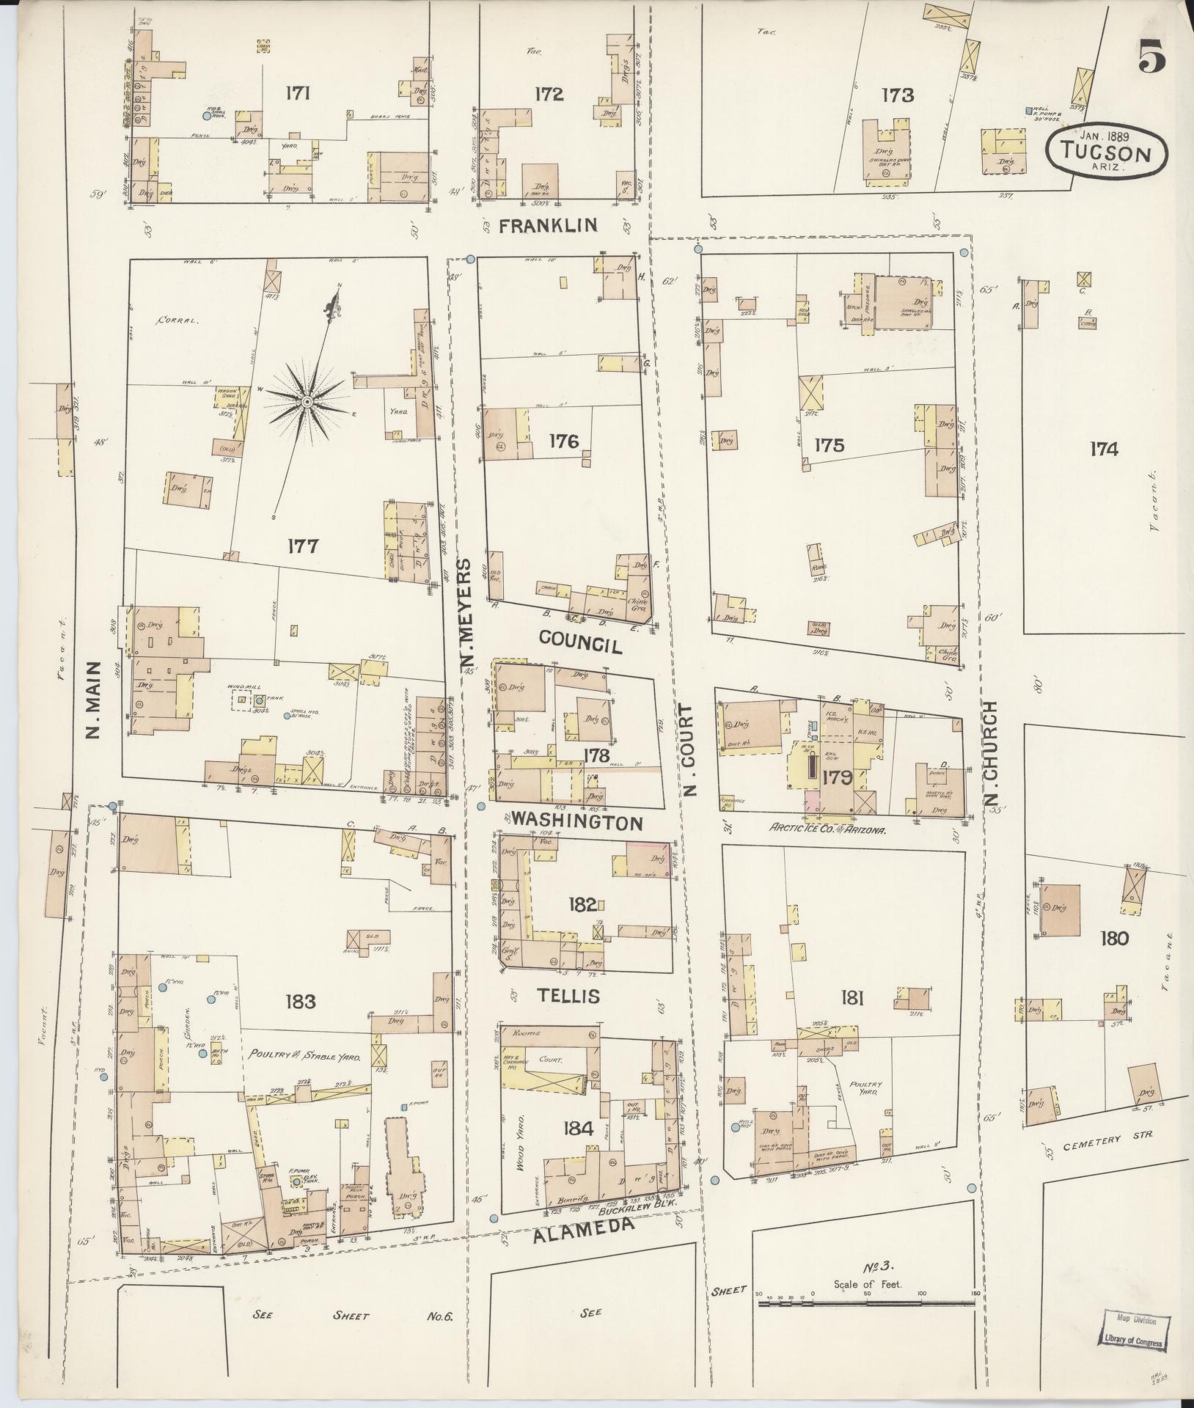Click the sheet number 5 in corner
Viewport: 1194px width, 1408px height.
1151,56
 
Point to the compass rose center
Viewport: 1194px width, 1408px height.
307,402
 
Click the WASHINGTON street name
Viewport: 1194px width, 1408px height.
577,821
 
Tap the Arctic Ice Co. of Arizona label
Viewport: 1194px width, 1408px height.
828,830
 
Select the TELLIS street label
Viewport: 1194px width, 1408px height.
557,995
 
